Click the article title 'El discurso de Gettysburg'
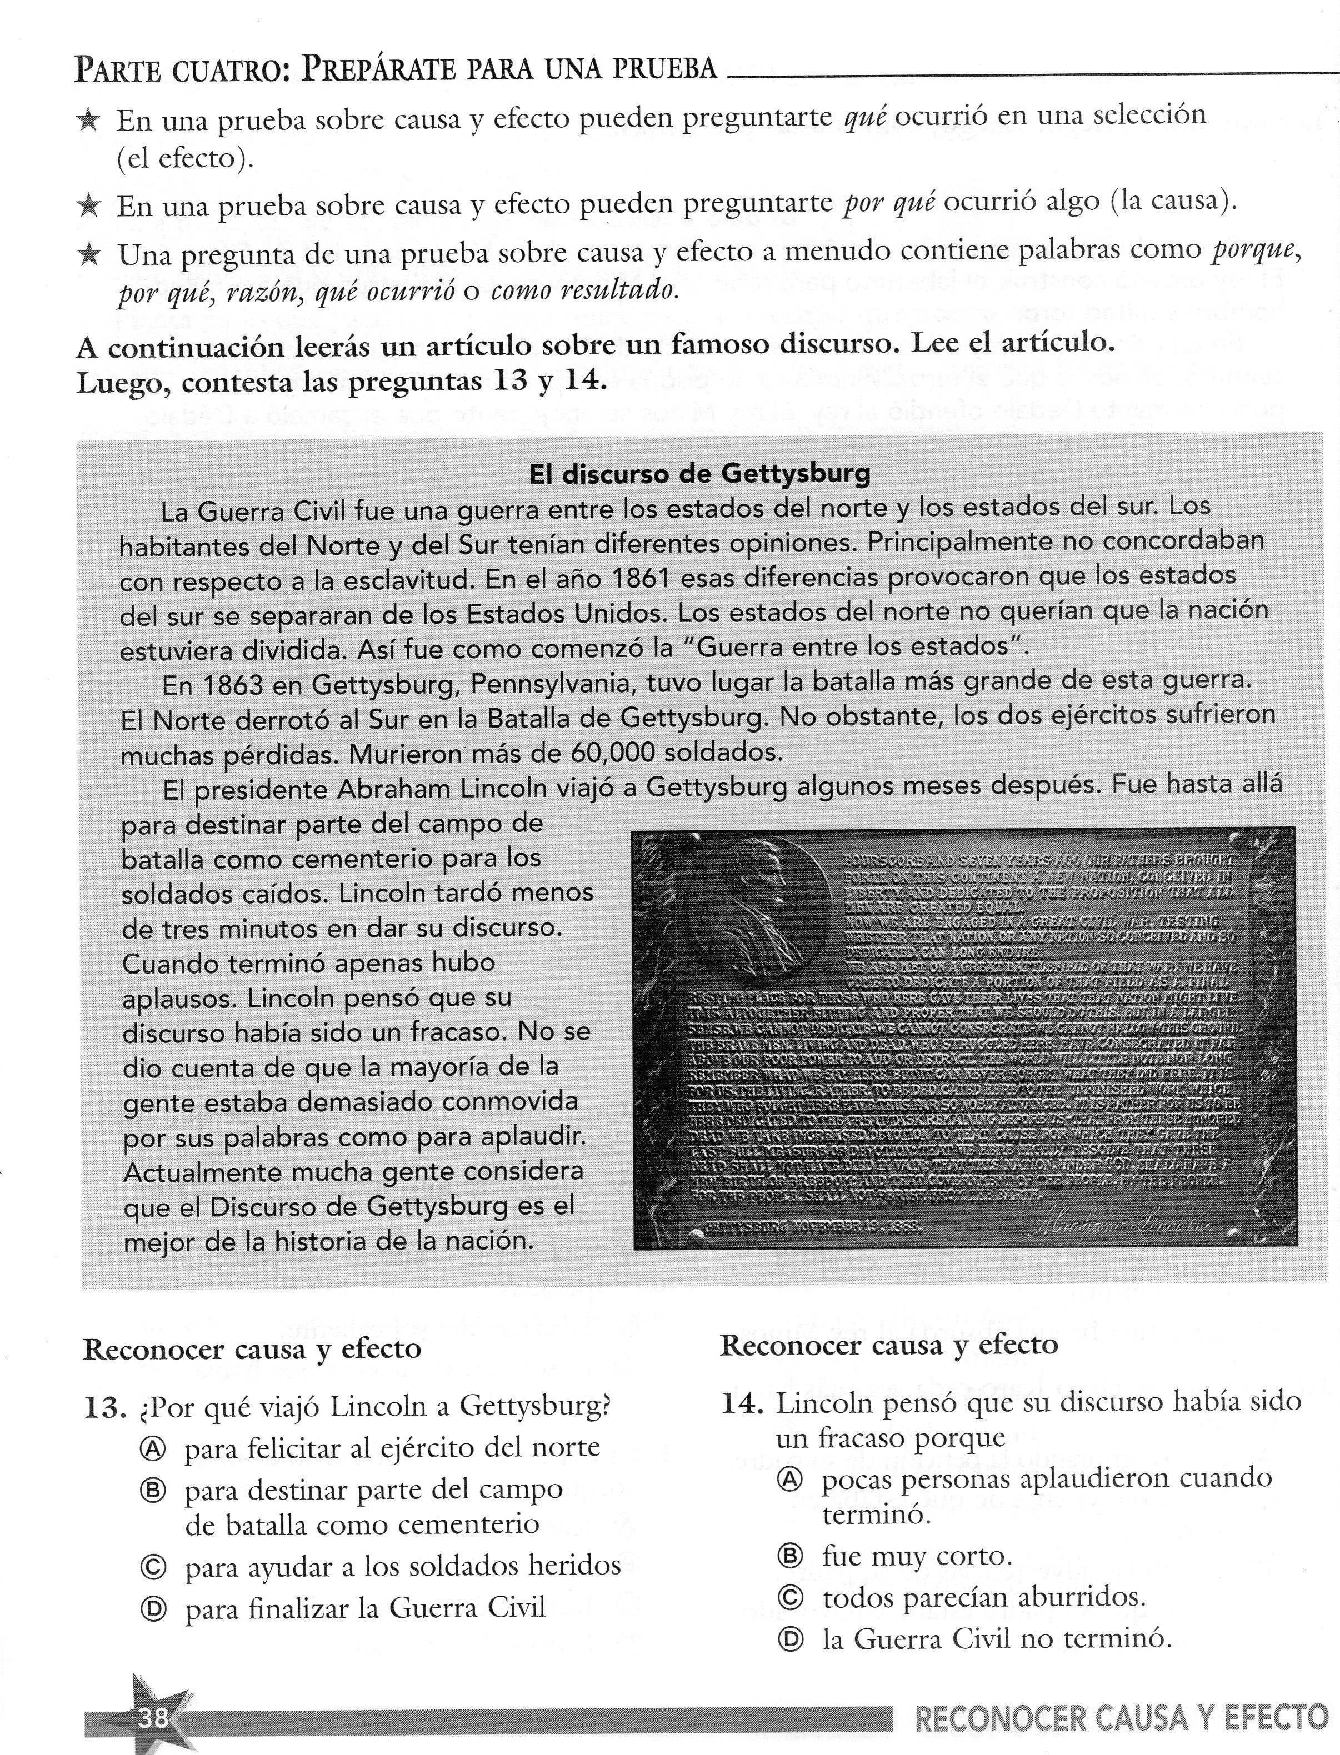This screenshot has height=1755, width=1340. (699, 474)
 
